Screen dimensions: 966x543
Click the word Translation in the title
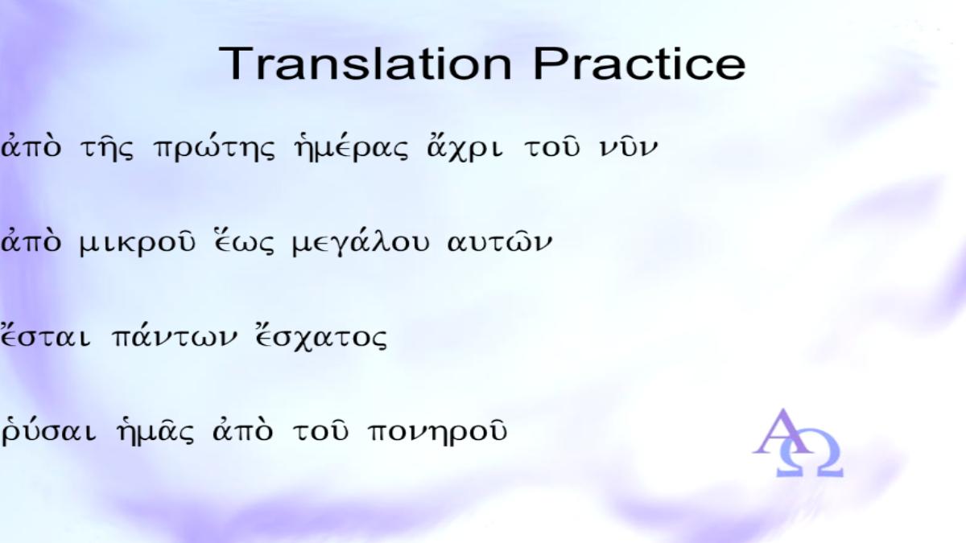pyautogui.click(x=365, y=64)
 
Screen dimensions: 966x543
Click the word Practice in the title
pyautogui.click(x=639, y=64)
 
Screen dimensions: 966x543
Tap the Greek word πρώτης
pyautogui.click(x=214, y=148)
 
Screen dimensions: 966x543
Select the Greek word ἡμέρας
pyautogui.click(x=351, y=148)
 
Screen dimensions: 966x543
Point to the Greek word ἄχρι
pyautogui.click(x=464, y=148)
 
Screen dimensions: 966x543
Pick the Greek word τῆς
pyautogui.click(x=107, y=148)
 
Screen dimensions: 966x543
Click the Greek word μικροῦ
pyautogui.click(x=138, y=244)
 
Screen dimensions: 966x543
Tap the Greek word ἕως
pyautogui.click(x=244, y=242)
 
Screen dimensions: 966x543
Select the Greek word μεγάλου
pyautogui.click(x=361, y=244)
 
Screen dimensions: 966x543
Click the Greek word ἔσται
pyautogui.click(x=45, y=336)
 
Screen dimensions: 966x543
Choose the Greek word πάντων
pyautogui.click(x=174, y=336)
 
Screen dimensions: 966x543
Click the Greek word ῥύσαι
pyautogui.click(x=48, y=431)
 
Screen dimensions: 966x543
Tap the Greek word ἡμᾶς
pyautogui.click(x=155, y=431)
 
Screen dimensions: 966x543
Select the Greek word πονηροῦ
pyautogui.click(x=437, y=432)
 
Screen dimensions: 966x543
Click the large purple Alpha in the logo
pyautogui.click(x=782, y=431)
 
